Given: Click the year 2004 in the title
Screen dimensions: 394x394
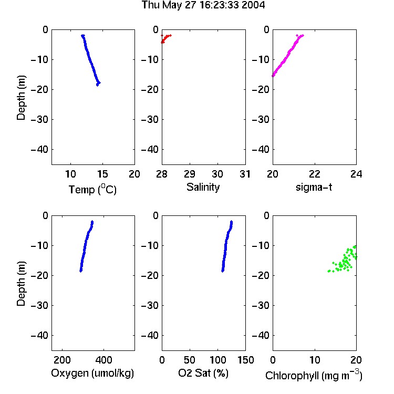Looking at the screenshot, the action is click(253, 5).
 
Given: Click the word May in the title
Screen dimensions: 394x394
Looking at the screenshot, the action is click(172, 6).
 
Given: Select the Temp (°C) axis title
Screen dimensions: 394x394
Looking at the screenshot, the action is click(92, 190).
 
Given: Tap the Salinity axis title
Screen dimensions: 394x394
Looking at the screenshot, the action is click(203, 187).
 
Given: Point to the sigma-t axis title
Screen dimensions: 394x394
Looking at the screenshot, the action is click(314, 187).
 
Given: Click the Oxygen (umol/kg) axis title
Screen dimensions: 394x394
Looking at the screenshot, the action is click(92, 373).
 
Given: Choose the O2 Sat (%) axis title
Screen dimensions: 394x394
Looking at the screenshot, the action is click(203, 373).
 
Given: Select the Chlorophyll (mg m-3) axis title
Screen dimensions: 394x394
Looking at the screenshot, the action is click(314, 375).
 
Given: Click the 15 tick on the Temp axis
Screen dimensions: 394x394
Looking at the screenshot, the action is click(102, 174).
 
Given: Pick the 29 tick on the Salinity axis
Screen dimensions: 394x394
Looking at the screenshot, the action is click(190, 174).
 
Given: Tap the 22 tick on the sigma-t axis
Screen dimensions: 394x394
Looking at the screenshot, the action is click(315, 174).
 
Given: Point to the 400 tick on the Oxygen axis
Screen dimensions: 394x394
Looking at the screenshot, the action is click(103, 360).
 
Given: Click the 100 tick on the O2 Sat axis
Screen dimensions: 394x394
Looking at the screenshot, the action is click(217, 360).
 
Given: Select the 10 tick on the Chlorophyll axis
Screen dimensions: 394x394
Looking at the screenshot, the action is click(315, 360).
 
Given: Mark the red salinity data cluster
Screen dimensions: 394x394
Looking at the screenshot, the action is click(165, 39).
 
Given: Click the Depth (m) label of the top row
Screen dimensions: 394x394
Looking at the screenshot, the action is click(21, 98).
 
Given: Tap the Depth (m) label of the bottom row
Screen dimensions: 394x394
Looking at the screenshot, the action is click(21, 284).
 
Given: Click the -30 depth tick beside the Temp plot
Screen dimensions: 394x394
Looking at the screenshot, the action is click(39, 120).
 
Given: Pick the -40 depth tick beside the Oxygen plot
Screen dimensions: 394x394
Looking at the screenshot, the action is click(39, 336).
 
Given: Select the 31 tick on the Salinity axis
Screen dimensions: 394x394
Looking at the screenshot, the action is click(245, 174).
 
